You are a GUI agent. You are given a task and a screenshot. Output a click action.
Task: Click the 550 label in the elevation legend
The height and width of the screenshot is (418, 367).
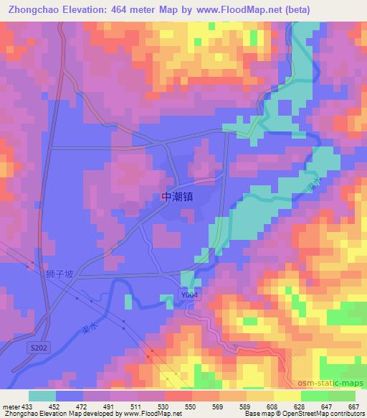(x=190, y=407)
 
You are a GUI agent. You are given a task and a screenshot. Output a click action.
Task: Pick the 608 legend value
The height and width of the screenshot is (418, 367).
(x=273, y=407)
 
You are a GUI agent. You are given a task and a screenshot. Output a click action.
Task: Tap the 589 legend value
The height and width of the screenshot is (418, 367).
(x=246, y=407)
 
